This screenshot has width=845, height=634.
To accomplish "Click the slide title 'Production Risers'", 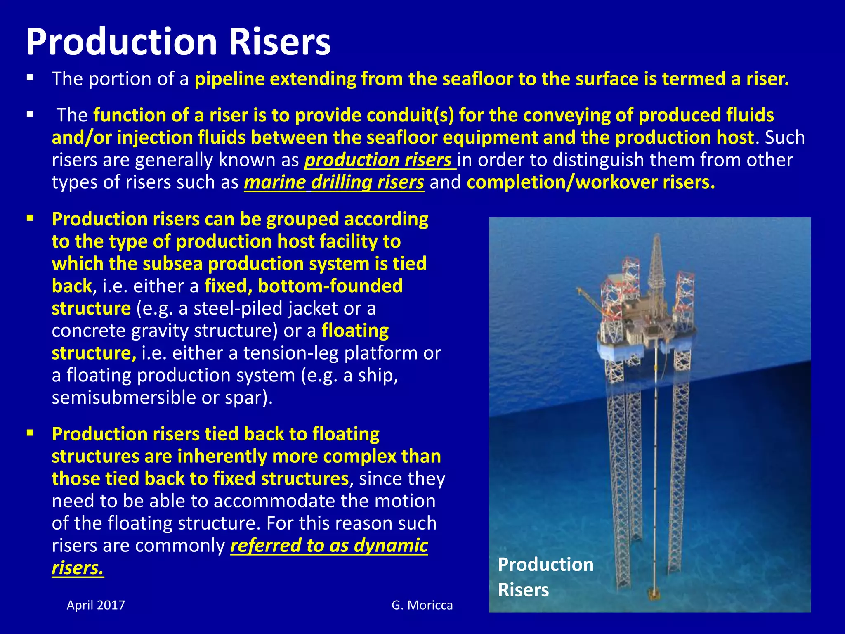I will point(178,42).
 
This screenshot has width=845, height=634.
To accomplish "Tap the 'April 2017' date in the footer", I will point(96,605).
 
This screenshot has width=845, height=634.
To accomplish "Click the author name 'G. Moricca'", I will point(422,605).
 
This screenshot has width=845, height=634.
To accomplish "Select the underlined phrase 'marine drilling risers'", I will point(334,182).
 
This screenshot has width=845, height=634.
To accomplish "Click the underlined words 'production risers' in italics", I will point(379,160).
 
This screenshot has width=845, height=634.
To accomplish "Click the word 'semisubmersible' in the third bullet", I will point(123,398).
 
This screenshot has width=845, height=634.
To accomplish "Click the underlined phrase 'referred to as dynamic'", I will point(329,546).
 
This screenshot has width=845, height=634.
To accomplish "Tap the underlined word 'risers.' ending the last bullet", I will point(78,568).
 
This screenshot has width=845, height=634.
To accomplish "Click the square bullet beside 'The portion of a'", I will point(30,78).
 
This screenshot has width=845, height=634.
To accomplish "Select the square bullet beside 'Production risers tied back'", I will point(30,433).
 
